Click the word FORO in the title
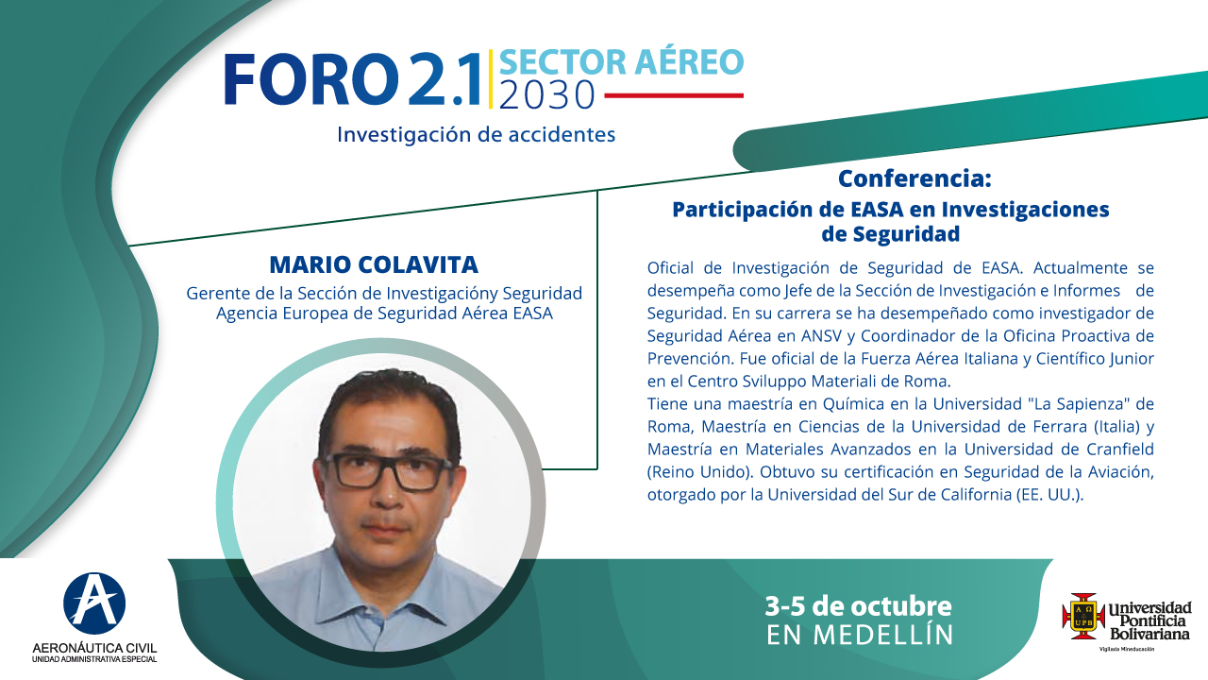pyautogui.click(x=311, y=79)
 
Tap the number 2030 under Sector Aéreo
pyautogui.click(x=546, y=96)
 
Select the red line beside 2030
pyautogui.click(x=674, y=95)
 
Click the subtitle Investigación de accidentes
pyautogui.click(x=477, y=135)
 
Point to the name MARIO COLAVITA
pyautogui.click(x=374, y=265)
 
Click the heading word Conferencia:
pyautogui.click(x=914, y=179)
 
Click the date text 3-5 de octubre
pyautogui.click(x=859, y=606)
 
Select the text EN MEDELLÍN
pyautogui.click(x=860, y=636)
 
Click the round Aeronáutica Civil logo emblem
pyautogui.click(x=94, y=603)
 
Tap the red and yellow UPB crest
pyautogui.click(x=1082, y=616)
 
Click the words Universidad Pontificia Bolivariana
pyautogui.click(x=1149, y=621)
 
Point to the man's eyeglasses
pyautogui.click(x=388, y=471)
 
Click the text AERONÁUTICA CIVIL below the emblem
pyautogui.click(x=94, y=648)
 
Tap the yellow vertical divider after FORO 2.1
pyautogui.click(x=491, y=79)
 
